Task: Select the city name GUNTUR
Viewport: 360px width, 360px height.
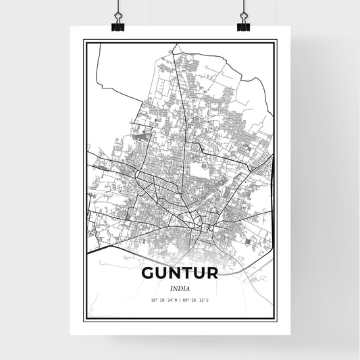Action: tap(180, 275)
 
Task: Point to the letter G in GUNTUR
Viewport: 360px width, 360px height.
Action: tap(149, 275)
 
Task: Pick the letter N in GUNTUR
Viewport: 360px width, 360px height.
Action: tap(174, 275)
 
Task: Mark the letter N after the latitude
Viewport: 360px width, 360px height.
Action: tap(176, 299)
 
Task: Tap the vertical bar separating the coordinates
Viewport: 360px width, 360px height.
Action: tap(180, 299)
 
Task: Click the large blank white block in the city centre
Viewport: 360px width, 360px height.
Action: tap(198, 170)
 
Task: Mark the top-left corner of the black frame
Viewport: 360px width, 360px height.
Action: tap(84, 41)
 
